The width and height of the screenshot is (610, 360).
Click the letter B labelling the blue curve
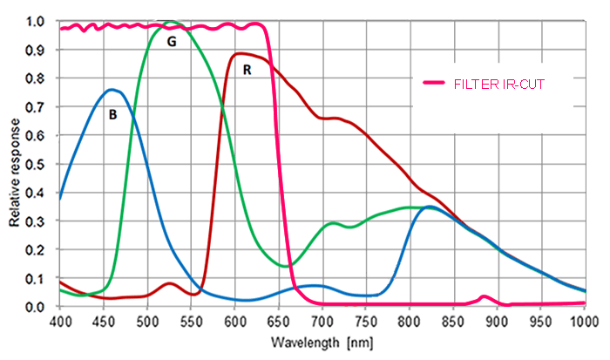(x=112, y=113)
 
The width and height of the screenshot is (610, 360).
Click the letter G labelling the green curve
(x=172, y=42)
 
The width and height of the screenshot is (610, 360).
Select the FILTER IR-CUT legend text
(x=501, y=84)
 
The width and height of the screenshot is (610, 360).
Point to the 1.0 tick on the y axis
(x=38, y=21)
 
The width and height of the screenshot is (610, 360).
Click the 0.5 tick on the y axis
(x=38, y=164)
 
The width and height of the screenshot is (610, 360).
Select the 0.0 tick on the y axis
(x=38, y=307)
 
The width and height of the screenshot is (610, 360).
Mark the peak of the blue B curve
(x=112, y=89)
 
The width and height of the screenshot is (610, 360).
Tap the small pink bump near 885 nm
(x=485, y=297)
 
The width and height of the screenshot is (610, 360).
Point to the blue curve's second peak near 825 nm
(x=430, y=207)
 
